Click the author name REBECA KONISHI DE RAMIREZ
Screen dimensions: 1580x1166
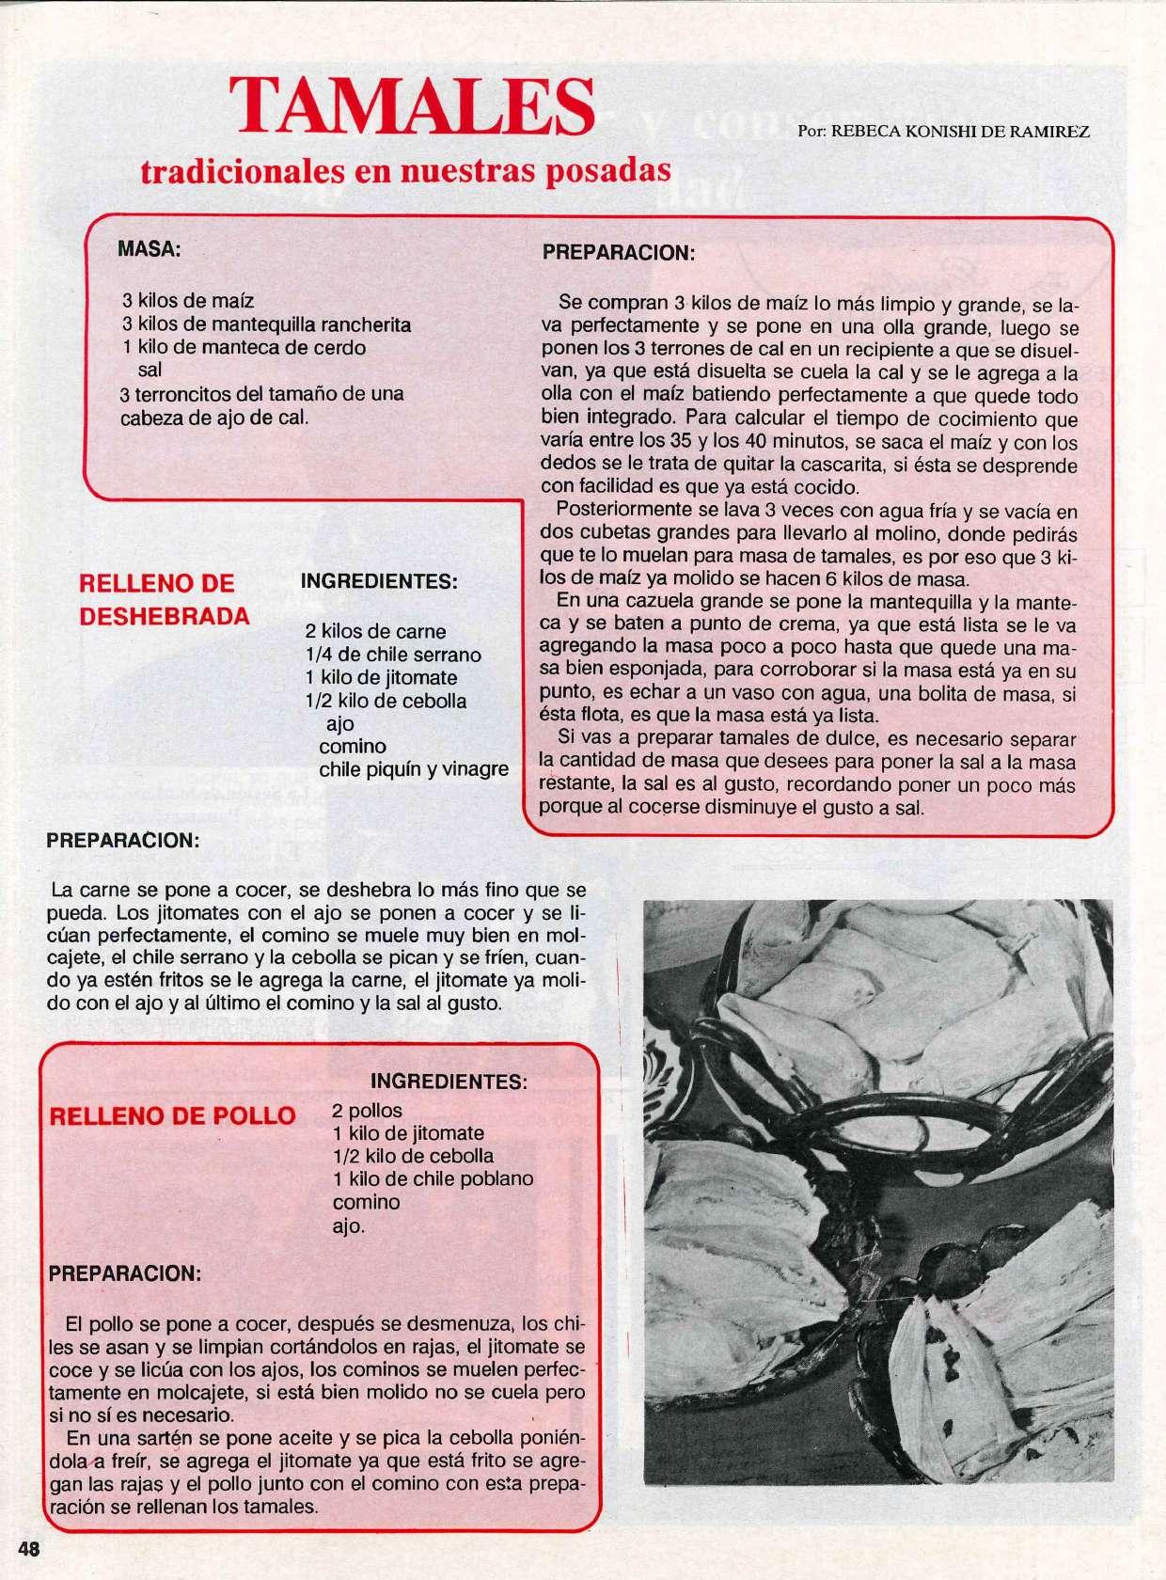pyautogui.click(x=943, y=132)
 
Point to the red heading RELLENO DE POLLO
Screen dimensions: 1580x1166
pyautogui.click(x=172, y=1115)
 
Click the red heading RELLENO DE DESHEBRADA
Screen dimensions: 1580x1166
pyautogui.click(x=165, y=599)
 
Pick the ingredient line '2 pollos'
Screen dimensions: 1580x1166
pyautogui.click(x=368, y=1110)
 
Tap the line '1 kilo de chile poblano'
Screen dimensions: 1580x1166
pyautogui.click(x=433, y=1178)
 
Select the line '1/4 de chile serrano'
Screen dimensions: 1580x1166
pyautogui.click(x=392, y=655)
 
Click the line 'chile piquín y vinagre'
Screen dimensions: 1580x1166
pyautogui.click(x=413, y=769)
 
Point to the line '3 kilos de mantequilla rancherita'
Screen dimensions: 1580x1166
pyautogui.click(x=266, y=324)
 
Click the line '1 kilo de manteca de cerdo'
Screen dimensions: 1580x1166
pyautogui.click(x=244, y=347)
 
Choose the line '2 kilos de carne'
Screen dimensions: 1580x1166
pyautogui.click(x=375, y=631)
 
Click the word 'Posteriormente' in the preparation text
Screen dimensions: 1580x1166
pyautogui.click(x=614, y=510)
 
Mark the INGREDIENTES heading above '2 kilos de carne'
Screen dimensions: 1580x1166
pyautogui.click(x=378, y=582)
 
